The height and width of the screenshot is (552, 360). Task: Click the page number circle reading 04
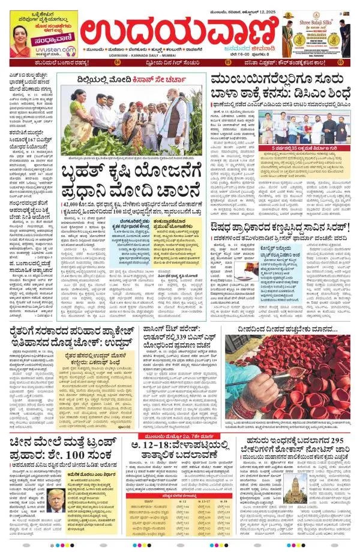(x=118, y=79)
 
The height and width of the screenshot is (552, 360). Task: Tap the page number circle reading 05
(x=340, y=79)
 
